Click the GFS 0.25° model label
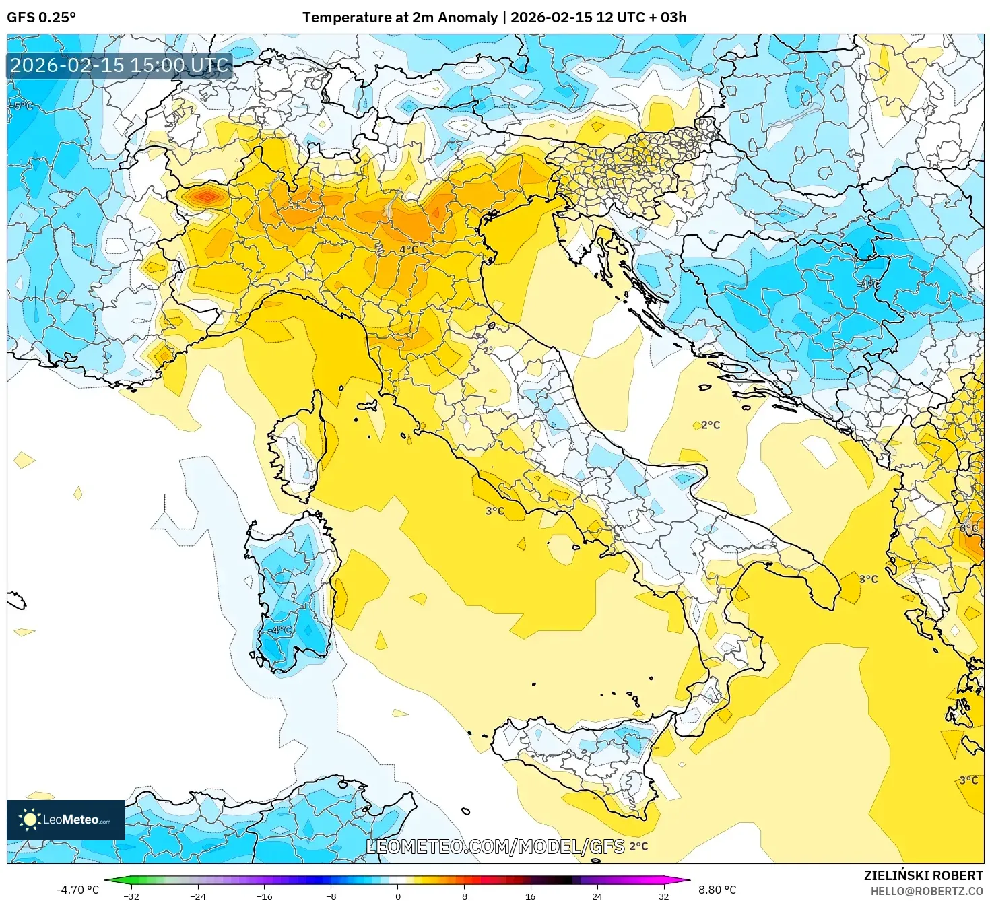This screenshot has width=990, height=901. [41, 18]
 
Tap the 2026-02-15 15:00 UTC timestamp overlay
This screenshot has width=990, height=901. [120, 65]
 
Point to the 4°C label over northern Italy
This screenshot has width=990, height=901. [408, 249]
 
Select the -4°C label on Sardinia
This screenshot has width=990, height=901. [280, 630]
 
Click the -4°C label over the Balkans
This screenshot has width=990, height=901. [868, 284]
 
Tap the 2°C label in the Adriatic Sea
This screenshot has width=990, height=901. [710, 425]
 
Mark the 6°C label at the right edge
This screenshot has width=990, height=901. [969, 528]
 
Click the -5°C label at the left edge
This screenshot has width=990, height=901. [22, 106]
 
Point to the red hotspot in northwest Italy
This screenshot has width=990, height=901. [206, 197]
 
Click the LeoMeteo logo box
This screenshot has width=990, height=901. [66, 820]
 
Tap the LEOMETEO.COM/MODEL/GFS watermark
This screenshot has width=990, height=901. [495, 846]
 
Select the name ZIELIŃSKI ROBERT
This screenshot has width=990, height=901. [923, 875]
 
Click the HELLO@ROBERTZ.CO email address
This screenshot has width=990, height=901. [926, 891]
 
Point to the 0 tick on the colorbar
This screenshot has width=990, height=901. [398, 896]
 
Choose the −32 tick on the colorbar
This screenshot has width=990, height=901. [132, 896]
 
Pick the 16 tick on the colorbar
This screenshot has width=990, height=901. [531, 896]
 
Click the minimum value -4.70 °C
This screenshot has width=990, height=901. [77, 890]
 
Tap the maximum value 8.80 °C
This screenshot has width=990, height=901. [717, 890]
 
